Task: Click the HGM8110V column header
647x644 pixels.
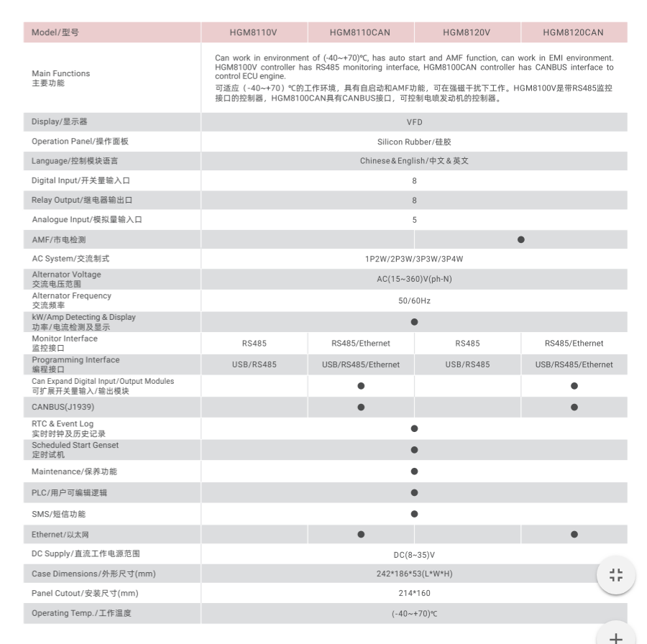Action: point(254,32)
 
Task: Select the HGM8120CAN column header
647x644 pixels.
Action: point(573,32)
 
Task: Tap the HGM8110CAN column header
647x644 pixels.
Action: point(360,32)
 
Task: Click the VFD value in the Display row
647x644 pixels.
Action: point(414,122)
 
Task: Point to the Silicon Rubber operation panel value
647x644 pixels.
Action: point(414,142)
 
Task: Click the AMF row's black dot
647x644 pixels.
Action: point(520,239)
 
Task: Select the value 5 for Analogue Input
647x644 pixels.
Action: point(414,220)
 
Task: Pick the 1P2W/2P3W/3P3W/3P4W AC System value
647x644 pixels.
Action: point(414,259)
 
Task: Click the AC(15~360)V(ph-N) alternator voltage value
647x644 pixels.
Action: point(414,280)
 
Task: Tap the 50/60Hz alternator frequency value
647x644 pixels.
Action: point(414,301)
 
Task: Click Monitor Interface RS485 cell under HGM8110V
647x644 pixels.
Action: point(254,344)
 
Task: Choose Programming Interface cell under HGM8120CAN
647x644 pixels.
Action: point(574,364)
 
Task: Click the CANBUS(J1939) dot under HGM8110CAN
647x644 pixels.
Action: point(361,408)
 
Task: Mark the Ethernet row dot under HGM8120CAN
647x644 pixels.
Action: point(574,534)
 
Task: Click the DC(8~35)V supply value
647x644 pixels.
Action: point(414,555)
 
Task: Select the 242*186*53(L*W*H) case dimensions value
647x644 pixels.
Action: point(414,574)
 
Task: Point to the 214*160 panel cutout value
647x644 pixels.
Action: point(414,594)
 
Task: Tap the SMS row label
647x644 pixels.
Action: point(58,514)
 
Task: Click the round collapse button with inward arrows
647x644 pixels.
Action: point(615,575)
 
